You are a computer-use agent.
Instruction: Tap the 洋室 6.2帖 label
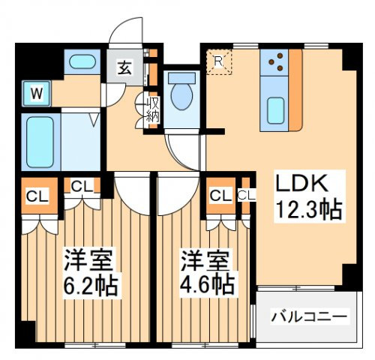[88, 273]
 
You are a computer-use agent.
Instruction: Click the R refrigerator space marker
[220, 62]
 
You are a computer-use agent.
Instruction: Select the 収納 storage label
[152, 109]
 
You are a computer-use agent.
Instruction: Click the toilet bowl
[181, 95]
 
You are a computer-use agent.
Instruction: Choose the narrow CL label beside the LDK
[247, 196]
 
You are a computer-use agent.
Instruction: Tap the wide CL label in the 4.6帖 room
[220, 196]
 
